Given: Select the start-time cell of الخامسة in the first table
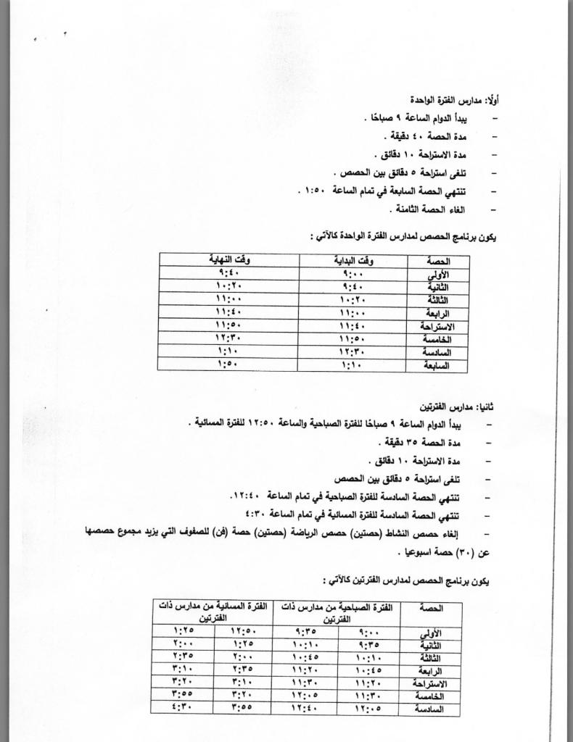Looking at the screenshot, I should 353,338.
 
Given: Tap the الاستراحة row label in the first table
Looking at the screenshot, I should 431,327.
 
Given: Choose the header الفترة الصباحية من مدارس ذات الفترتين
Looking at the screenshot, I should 334,611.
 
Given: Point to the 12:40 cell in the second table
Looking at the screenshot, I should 302,709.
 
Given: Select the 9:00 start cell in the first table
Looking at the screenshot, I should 353,274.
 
